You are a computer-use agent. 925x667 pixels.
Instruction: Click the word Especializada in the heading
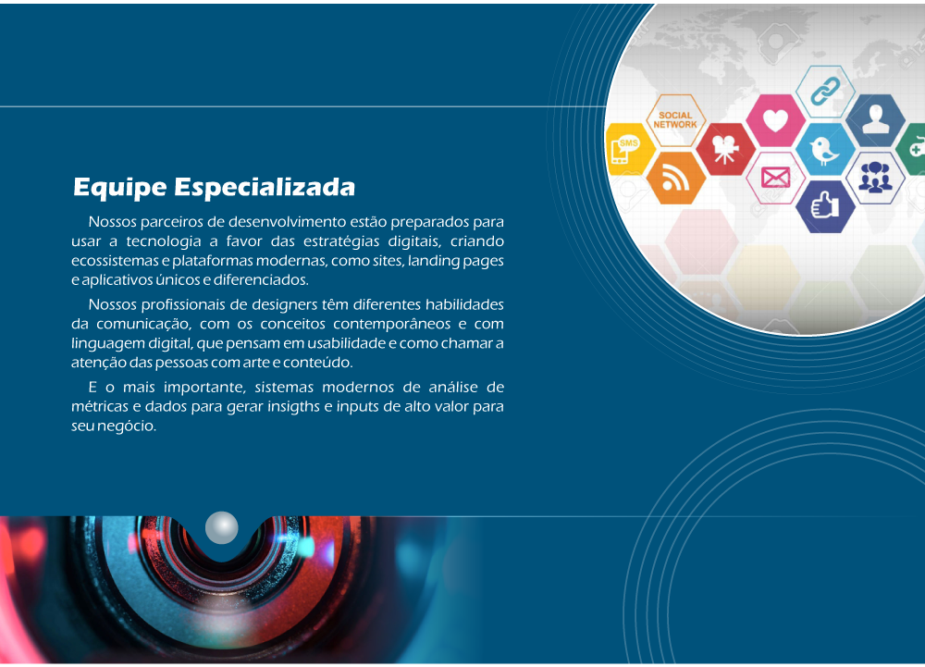pos(265,188)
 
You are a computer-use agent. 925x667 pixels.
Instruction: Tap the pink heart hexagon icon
pos(775,120)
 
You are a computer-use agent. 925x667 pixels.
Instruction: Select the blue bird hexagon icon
pos(825,150)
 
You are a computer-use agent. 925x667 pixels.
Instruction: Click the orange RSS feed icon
pos(675,179)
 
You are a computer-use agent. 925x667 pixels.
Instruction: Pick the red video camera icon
pos(725,149)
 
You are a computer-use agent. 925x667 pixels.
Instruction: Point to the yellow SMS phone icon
pos(628,149)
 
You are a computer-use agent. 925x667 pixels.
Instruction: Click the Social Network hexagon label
pos(675,120)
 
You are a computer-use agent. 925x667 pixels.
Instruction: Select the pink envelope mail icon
pos(775,179)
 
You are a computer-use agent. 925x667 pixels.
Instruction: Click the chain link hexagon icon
pos(825,92)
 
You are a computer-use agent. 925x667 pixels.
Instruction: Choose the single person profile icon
pos(875,120)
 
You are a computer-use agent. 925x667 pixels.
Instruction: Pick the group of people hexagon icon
pos(875,178)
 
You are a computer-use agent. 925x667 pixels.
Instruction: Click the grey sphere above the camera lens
pos(222,527)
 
